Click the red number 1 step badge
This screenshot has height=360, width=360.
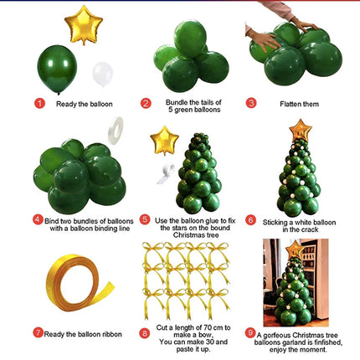(39, 104)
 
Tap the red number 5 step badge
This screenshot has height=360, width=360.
(145, 219)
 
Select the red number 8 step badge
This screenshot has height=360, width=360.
(144, 333)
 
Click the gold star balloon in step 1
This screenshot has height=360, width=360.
(84, 24)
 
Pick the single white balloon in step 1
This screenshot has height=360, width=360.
(103, 75)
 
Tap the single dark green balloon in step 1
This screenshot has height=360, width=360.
(57, 69)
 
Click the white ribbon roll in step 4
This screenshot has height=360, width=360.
(116, 131)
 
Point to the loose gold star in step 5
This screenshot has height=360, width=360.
(164, 141)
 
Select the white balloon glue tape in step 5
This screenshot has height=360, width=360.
(165, 174)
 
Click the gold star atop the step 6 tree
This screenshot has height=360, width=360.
(301, 131)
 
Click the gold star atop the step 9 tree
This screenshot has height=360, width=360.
(295, 249)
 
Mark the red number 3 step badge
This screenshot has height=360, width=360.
(251, 103)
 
